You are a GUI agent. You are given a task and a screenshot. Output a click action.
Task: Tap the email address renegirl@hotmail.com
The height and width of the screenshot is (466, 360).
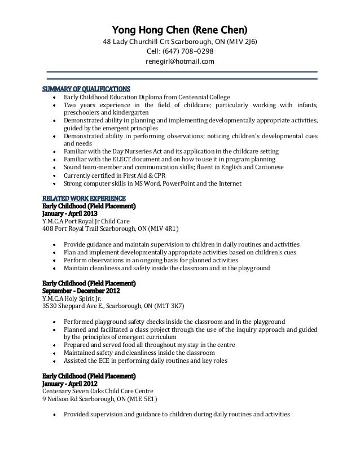coord(180,61)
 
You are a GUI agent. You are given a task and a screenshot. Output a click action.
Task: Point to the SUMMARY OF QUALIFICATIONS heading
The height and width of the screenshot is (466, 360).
coord(86,89)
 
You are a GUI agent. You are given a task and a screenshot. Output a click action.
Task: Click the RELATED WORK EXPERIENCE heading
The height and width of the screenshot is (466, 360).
coord(88,199)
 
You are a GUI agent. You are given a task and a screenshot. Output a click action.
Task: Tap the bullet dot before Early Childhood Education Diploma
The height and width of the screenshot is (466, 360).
coord(53,97)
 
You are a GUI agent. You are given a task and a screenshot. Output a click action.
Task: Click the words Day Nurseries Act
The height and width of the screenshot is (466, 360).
coord(126,152)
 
